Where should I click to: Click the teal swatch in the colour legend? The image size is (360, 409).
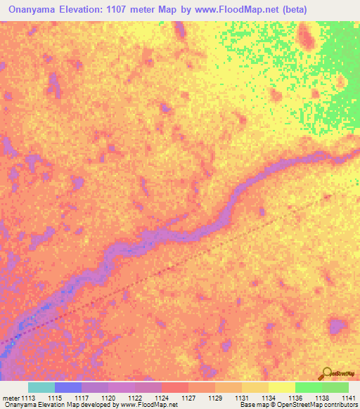[x=41, y=387]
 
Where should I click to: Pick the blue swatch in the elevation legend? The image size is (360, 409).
[x=68, y=387]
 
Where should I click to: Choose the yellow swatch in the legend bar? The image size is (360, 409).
[x=281, y=387]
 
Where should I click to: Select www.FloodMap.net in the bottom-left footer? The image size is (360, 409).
[x=147, y=405]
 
